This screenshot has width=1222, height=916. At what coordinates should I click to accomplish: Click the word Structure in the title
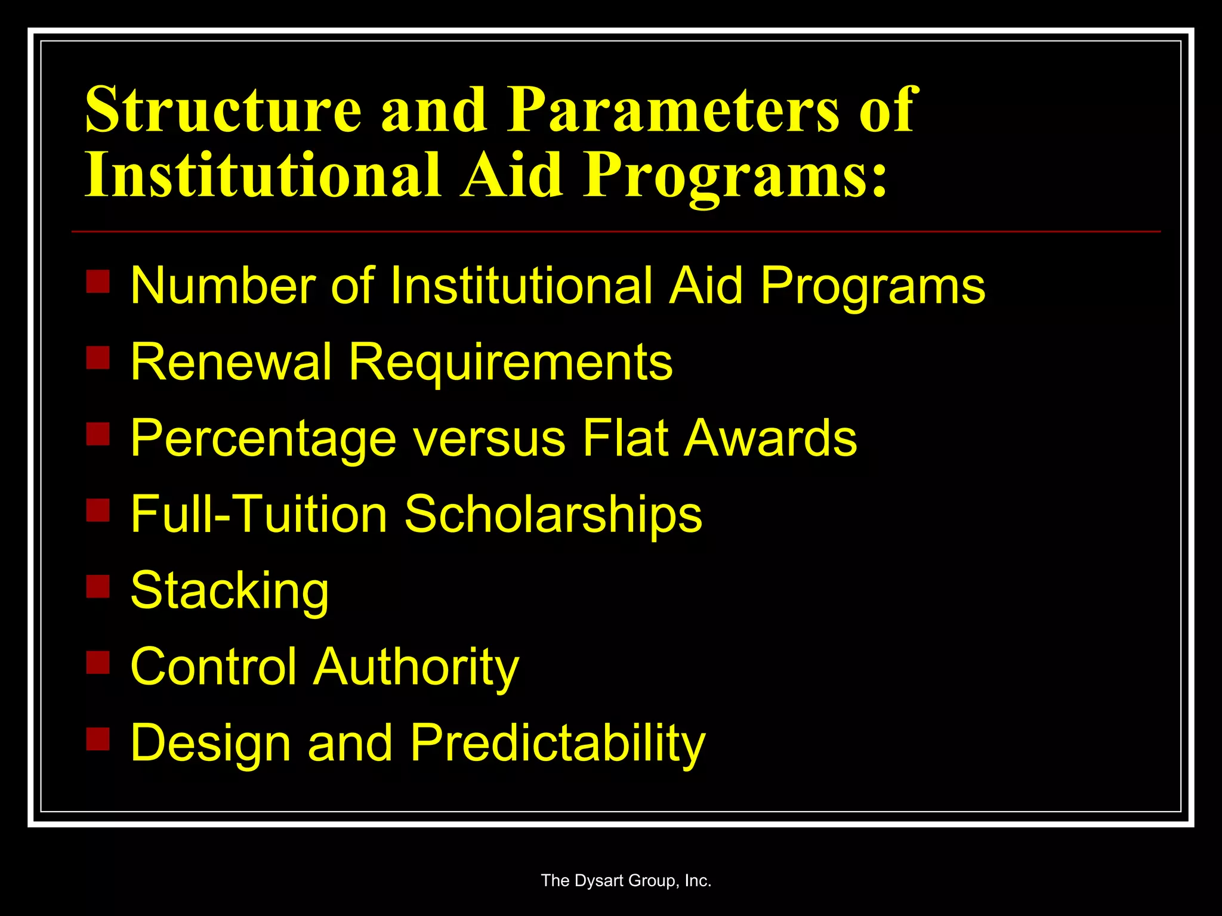click(224, 110)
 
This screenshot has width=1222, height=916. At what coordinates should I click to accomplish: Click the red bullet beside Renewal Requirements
click(98, 358)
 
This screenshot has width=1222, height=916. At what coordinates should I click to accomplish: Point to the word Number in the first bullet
click(223, 286)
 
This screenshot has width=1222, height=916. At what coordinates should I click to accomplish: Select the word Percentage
click(263, 439)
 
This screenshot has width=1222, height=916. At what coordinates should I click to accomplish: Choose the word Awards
click(770, 438)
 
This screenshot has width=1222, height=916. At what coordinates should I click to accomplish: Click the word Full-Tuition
click(259, 514)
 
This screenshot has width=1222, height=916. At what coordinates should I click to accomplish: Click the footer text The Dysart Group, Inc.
click(626, 881)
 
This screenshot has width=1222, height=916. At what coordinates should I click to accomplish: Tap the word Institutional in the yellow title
click(263, 175)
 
